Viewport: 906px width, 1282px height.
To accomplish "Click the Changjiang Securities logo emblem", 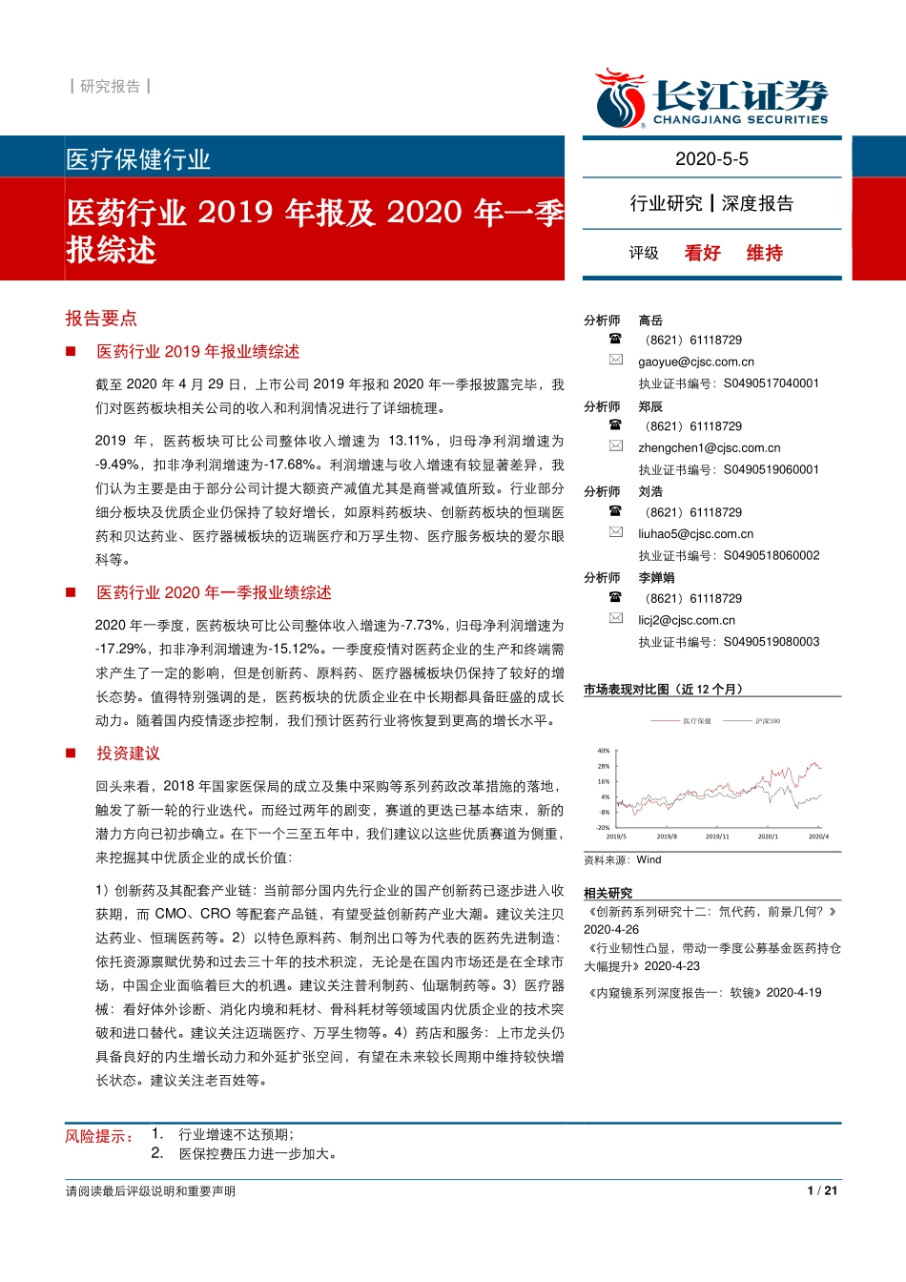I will click(620, 98).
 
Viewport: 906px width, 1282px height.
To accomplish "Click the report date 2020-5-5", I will click(711, 159).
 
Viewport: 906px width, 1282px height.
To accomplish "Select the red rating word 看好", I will click(702, 253).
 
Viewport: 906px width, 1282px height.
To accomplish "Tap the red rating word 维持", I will click(764, 253).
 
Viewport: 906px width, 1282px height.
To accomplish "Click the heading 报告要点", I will click(101, 319).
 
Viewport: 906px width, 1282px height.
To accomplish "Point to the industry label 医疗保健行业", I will click(138, 159).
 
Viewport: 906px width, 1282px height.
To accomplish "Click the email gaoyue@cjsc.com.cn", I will click(696, 362).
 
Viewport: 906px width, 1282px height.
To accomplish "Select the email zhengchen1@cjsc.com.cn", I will click(710, 448).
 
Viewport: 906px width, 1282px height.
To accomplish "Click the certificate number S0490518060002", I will click(772, 556).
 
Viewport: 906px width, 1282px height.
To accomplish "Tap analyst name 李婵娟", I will click(656, 578).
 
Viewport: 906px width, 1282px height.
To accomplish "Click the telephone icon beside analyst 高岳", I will click(615, 339).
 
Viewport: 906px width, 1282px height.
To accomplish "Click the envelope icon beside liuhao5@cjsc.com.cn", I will click(616, 532).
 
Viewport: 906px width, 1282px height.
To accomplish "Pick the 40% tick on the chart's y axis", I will click(604, 751).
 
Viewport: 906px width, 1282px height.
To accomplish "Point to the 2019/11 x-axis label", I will click(717, 837).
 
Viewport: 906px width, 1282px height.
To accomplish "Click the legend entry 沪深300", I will click(768, 721).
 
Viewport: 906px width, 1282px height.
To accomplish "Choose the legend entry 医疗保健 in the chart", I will click(696, 721).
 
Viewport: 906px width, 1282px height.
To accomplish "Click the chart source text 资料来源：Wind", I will click(623, 860).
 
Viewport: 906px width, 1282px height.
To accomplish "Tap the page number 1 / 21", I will click(822, 1190).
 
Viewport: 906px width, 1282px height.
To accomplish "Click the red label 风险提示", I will click(99, 1136).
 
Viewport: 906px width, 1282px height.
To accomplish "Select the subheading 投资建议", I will click(128, 754).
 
